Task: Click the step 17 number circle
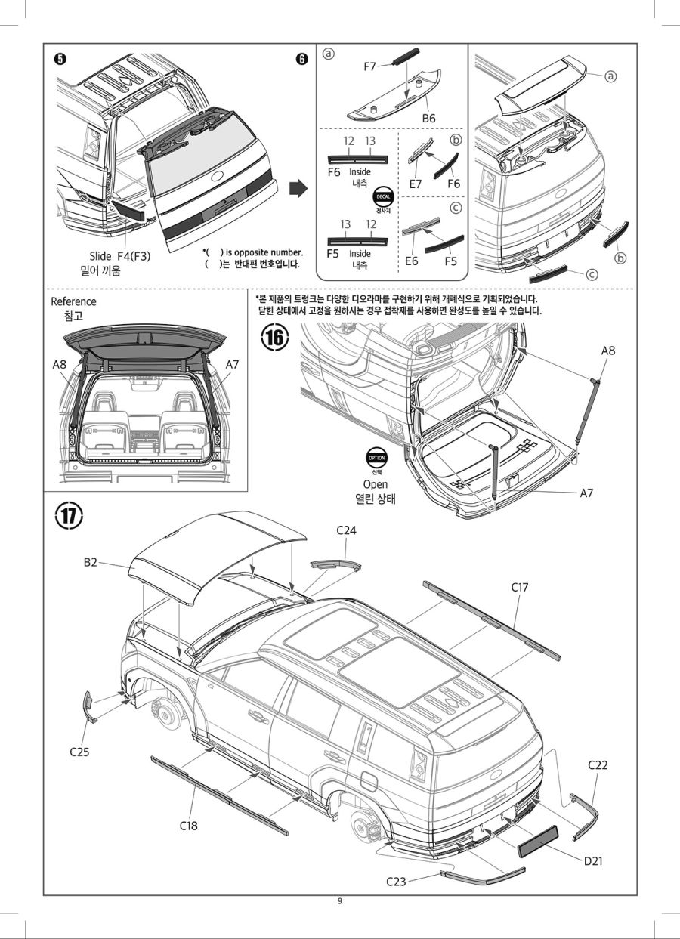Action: [70, 517]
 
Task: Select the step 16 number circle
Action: [275, 338]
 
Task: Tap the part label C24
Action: [346, 530]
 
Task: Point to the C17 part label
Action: [519, 586]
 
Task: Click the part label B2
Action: [91, 562]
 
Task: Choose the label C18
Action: [189, 826]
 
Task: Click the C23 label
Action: [397, 881]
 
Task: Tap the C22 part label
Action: [598, 765]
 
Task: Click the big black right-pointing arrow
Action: [300, 189]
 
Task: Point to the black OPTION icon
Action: [376, 458]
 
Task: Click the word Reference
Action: [73, 301]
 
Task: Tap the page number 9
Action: [340, 901]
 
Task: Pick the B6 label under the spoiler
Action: [429, 119]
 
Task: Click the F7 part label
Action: [370, 66]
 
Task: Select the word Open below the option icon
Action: [376, 484]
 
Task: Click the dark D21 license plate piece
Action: [538, 840]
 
